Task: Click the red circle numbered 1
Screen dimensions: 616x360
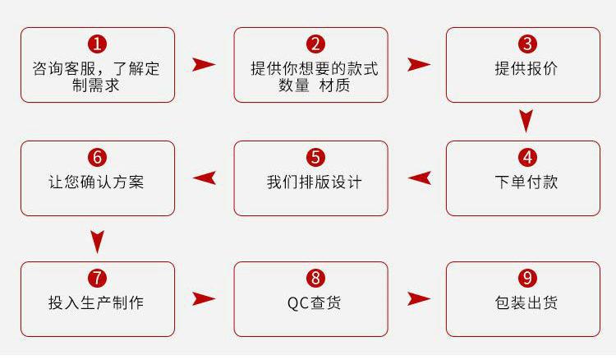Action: [x=98, y=44]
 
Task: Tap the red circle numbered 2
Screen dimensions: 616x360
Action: [x=315, y=44]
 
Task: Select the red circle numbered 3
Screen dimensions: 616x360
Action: [x=527, y=44]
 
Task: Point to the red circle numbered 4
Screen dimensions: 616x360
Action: [x=527, y=157]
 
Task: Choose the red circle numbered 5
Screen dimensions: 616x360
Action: [x=315, y=157]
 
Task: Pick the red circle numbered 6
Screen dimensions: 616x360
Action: [x=98, y=157]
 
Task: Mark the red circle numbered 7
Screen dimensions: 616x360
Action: [x=98, y=278]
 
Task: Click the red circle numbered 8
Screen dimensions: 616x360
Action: [x=315, y=278]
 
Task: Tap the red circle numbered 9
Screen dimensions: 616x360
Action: [x=527, y=278]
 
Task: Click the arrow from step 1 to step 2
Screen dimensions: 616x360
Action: [x=203, y=64]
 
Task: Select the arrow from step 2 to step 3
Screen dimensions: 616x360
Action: [x=418, y=64]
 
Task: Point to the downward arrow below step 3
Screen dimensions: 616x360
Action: [x=526, y=120]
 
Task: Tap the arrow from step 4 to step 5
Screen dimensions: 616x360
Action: [x=421, y=178]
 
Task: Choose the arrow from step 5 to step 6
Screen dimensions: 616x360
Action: [x=205, y=178]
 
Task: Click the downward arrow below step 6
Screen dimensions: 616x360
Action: [x=97, y=242]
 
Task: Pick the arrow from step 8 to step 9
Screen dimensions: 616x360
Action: [x=418, y=298]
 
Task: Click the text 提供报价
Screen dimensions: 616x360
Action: [x=526, y=68]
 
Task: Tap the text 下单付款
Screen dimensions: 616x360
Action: [x=526, y=182]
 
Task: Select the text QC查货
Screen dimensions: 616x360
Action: [x=315, y=302]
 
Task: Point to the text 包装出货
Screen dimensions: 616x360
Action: [x=526, y=302]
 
